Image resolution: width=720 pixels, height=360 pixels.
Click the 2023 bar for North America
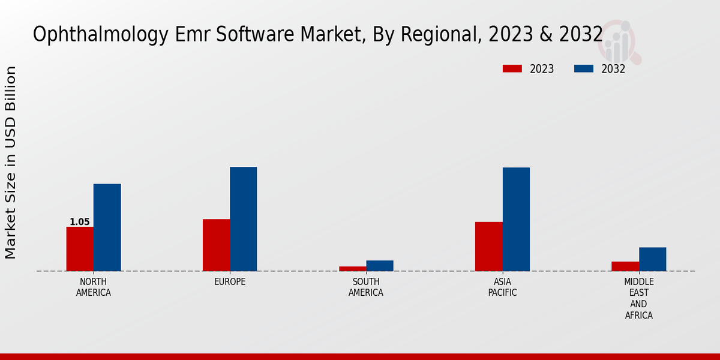(80, 248)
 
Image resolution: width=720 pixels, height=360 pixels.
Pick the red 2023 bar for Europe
(216, 245)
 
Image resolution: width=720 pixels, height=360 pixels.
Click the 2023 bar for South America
(352, 268)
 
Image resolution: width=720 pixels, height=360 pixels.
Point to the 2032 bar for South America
(380, 265)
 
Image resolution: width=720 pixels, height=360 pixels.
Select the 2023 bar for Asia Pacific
(488, 246)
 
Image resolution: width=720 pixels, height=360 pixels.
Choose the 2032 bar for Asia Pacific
(516, 219)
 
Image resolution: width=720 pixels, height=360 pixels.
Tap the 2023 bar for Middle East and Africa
(625, 266)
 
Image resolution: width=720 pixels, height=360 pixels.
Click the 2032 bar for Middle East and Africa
(652, 259)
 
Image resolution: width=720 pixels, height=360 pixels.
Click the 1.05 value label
(80, 222)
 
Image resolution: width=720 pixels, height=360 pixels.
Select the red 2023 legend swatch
(512, 69)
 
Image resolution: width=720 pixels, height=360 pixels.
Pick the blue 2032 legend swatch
(583, 69)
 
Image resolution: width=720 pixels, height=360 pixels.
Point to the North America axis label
(94, 287)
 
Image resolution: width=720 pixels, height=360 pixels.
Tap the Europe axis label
(230, 282)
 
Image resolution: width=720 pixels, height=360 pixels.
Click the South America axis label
(366, 287)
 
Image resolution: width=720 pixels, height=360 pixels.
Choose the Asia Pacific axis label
(503, 287)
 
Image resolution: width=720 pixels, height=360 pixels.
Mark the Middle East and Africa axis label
(639, 298)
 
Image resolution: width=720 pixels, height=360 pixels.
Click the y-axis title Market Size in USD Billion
(11, 162)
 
